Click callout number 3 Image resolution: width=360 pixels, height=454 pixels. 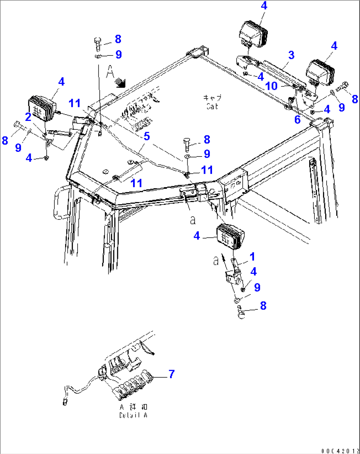291,55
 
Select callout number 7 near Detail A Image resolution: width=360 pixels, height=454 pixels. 171,374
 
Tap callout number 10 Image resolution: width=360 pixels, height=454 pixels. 271,86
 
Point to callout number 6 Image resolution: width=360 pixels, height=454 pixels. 297,120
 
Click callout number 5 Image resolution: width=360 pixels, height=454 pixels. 147,136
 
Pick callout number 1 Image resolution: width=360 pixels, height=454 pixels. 252,257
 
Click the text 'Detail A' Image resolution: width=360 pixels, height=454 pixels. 133,415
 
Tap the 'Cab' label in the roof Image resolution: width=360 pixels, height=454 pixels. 212,106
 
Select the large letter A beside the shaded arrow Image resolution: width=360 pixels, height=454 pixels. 110,72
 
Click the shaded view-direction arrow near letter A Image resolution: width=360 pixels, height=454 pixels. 120,82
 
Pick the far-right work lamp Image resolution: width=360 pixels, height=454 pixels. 320,72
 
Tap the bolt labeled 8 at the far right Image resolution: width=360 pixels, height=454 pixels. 342,87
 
